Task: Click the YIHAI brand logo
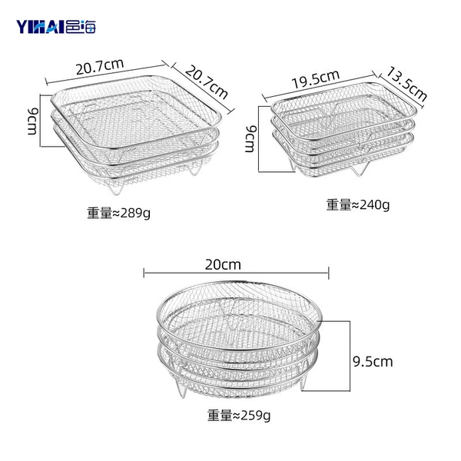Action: coord(56,26)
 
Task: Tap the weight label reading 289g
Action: coord(118,213)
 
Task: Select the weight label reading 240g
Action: coord(358,204)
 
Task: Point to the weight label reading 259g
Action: coord(239,416)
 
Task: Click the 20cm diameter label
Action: coord(223,264)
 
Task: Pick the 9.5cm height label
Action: coord(373,362)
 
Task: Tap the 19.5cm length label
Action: coord(316,79)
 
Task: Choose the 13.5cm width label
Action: coord(406,85)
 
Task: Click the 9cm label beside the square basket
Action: coord(32,121)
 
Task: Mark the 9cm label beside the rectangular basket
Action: coord(250,139)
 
